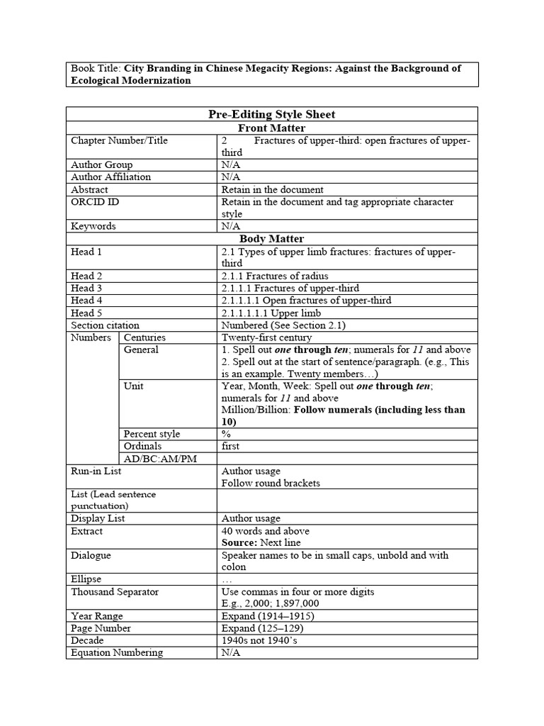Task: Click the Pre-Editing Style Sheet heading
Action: point(272,115)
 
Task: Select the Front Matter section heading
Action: point(272,128)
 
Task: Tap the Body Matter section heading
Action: point(272,239)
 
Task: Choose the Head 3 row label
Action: point(86,288)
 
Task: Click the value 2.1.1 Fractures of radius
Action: point(275,276)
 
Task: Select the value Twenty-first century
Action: point(266,337)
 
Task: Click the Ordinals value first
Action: point(230,446)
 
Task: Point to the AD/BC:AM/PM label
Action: point(159,459)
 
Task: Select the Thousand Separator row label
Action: point(115,591)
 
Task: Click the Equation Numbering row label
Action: point(117,652)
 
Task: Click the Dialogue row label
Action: point(91,555)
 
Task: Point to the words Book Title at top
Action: point(96,68)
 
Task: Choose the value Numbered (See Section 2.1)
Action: point(283,325)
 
